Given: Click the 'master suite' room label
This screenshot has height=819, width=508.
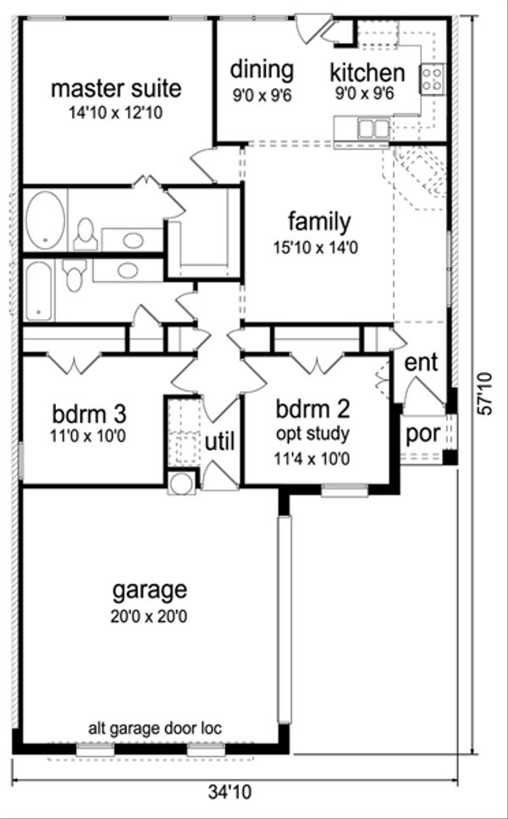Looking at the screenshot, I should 116,88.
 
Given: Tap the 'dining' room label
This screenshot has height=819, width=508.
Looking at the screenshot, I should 262,69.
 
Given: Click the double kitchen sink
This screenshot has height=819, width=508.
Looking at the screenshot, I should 372,129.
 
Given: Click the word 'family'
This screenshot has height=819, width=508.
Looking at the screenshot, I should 318,223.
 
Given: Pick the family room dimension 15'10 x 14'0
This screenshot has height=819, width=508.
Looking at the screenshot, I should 318,249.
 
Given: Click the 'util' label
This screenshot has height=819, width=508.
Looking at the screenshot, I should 220,441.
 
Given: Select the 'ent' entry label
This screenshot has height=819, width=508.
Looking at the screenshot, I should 421,363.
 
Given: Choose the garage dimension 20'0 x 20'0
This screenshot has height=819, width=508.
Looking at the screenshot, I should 148,616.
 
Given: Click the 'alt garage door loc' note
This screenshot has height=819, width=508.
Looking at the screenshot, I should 156,728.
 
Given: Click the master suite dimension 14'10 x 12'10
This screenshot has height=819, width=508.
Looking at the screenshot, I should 116,113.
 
